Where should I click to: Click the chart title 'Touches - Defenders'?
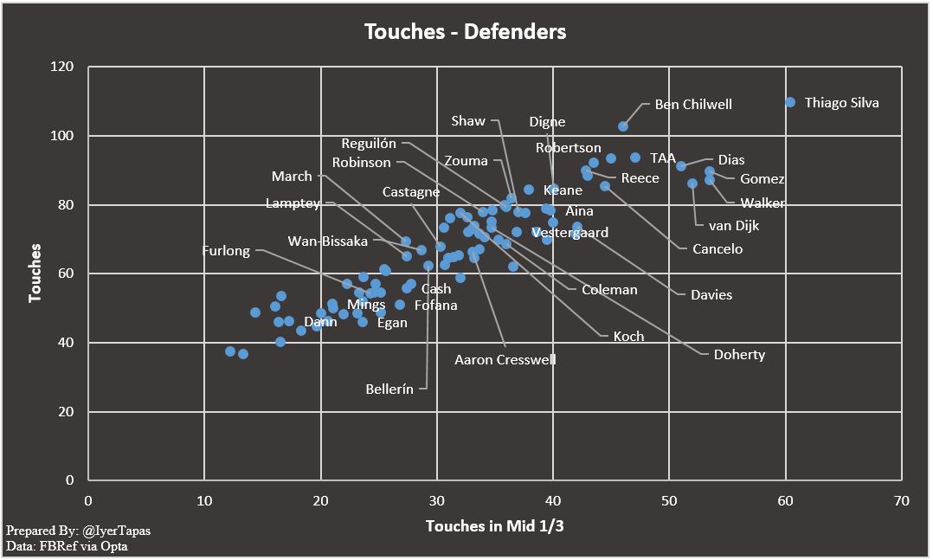(466, 32)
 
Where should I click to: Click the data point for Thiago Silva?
(790, 102)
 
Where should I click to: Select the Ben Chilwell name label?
(693, 104)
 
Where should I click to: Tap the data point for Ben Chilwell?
(623, 126)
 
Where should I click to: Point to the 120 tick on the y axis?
(62, 67)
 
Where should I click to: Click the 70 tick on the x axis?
(901, 500)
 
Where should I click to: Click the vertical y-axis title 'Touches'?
(35, 274)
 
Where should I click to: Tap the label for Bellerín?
(390, 389)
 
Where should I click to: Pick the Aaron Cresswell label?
(505, 359)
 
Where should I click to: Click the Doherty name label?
(738, 354)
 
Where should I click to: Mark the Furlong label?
(226, 251)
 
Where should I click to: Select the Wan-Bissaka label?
(327, 241)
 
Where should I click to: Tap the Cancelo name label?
(717, 249)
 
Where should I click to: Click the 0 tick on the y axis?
(70, 480)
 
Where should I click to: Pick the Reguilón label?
(369, 144)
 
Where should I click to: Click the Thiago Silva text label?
(841, 102)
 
